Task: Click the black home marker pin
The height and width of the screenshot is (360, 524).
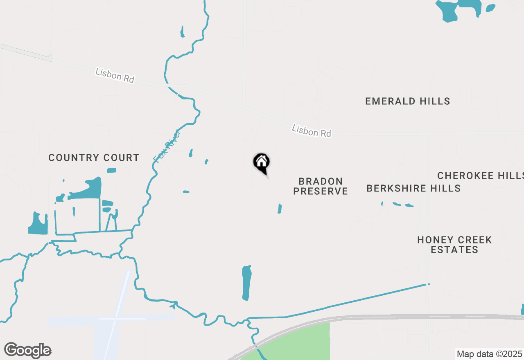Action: (x=261, y=163)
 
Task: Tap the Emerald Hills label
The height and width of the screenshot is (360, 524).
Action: (x=407, y=101)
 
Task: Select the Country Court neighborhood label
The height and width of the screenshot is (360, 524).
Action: (x=94, y=157)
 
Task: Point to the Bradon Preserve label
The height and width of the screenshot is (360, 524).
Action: (x=321, y=186)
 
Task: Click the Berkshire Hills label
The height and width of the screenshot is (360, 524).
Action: (x=413, y=188)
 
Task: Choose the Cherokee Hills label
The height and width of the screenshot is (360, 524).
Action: (x=480, y=175)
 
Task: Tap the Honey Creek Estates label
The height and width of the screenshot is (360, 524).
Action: (x=454, y=245)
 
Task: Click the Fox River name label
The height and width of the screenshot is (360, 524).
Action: (x=167, y=146)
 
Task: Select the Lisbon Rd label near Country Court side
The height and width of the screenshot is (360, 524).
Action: (x=115, y=75)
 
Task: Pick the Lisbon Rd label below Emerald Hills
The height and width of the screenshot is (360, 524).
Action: (x=311, y=131)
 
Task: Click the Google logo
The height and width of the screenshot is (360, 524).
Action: (x=28, y=351)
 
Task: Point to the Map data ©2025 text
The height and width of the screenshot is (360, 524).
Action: (x=489, y=354)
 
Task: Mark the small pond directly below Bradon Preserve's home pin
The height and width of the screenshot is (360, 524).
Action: (x=280, y=209)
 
